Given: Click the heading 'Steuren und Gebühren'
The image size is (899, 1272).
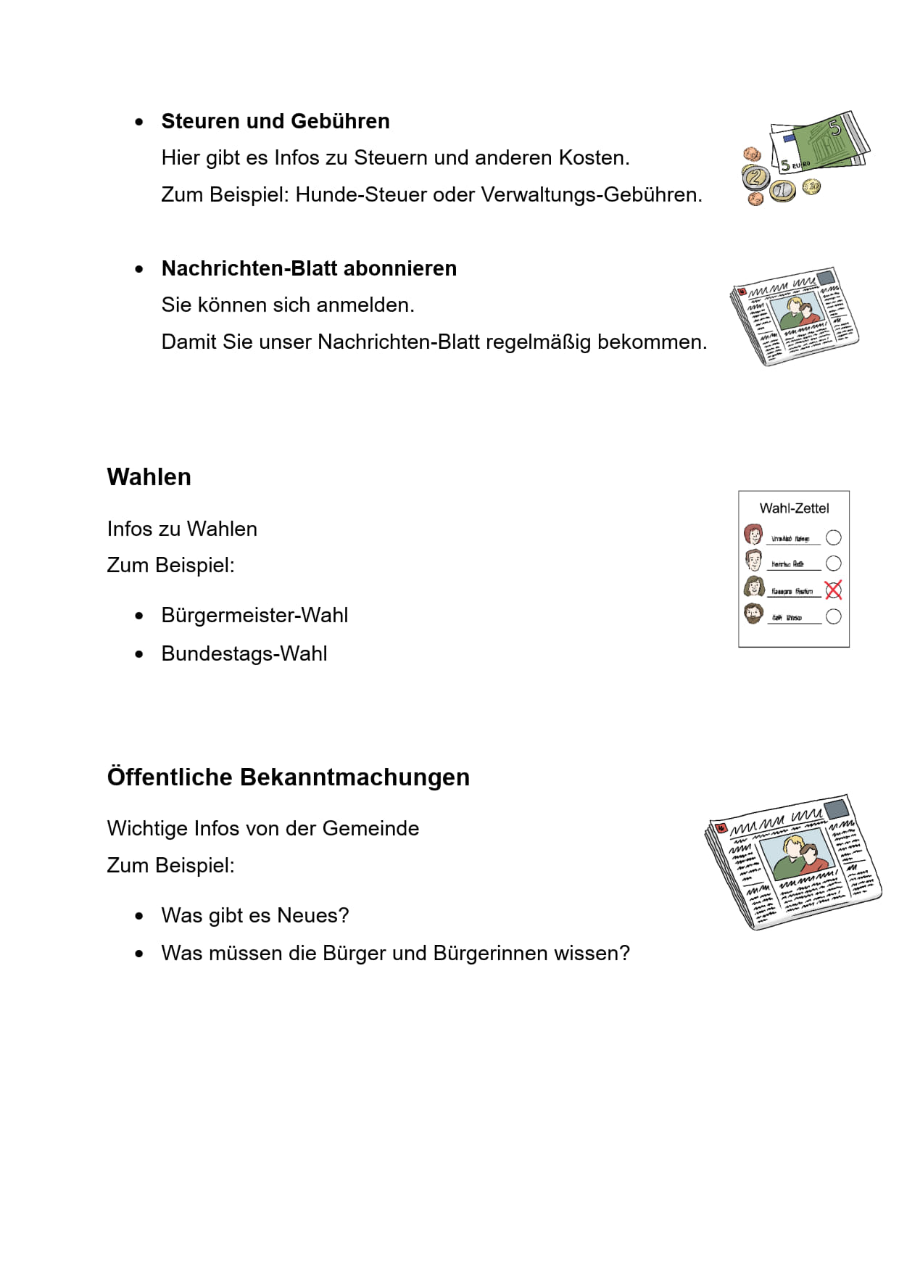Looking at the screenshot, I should click(x=275, y=121).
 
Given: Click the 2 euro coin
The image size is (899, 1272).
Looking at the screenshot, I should click(x=756, y=176).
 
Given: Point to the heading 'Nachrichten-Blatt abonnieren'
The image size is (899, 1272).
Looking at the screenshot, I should click(x=309, y=268).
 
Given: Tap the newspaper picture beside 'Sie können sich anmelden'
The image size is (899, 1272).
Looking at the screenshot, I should click(x=795, y=315).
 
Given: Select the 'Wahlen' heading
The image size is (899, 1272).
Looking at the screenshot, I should click(x=149, y=477).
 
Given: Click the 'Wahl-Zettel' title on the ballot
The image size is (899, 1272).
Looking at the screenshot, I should click(x=794, y=508).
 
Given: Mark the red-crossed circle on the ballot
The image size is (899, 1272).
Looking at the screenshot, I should click(x=834, y=590).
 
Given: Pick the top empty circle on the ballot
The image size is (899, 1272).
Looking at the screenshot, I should click(x=834, y=537).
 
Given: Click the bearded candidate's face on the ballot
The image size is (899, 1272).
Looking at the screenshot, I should click(x=754, y=614).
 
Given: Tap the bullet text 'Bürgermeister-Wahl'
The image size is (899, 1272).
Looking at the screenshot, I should click(x=254, y=616).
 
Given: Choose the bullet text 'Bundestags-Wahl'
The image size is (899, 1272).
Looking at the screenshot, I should click(x=244, y=654).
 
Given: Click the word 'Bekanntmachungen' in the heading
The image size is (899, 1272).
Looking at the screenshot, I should click(x=355, y=777).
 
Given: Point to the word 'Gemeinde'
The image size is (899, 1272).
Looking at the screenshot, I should click(x=370, y=829).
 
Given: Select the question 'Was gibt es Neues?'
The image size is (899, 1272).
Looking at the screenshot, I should click(x=255, y=916).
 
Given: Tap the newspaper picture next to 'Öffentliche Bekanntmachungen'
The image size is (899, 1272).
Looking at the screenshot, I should click(x=793, y=861).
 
